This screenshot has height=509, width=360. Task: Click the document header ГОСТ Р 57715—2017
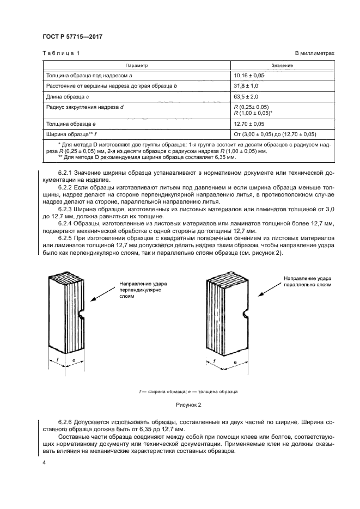coord(72,36)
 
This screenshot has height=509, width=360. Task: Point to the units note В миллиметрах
coord(314,53)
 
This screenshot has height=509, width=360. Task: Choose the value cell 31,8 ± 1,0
coord(247,86)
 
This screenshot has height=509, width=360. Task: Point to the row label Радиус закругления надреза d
coord(85,107)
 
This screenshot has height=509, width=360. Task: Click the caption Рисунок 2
coord(188,404)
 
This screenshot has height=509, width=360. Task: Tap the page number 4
coord(44,462)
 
